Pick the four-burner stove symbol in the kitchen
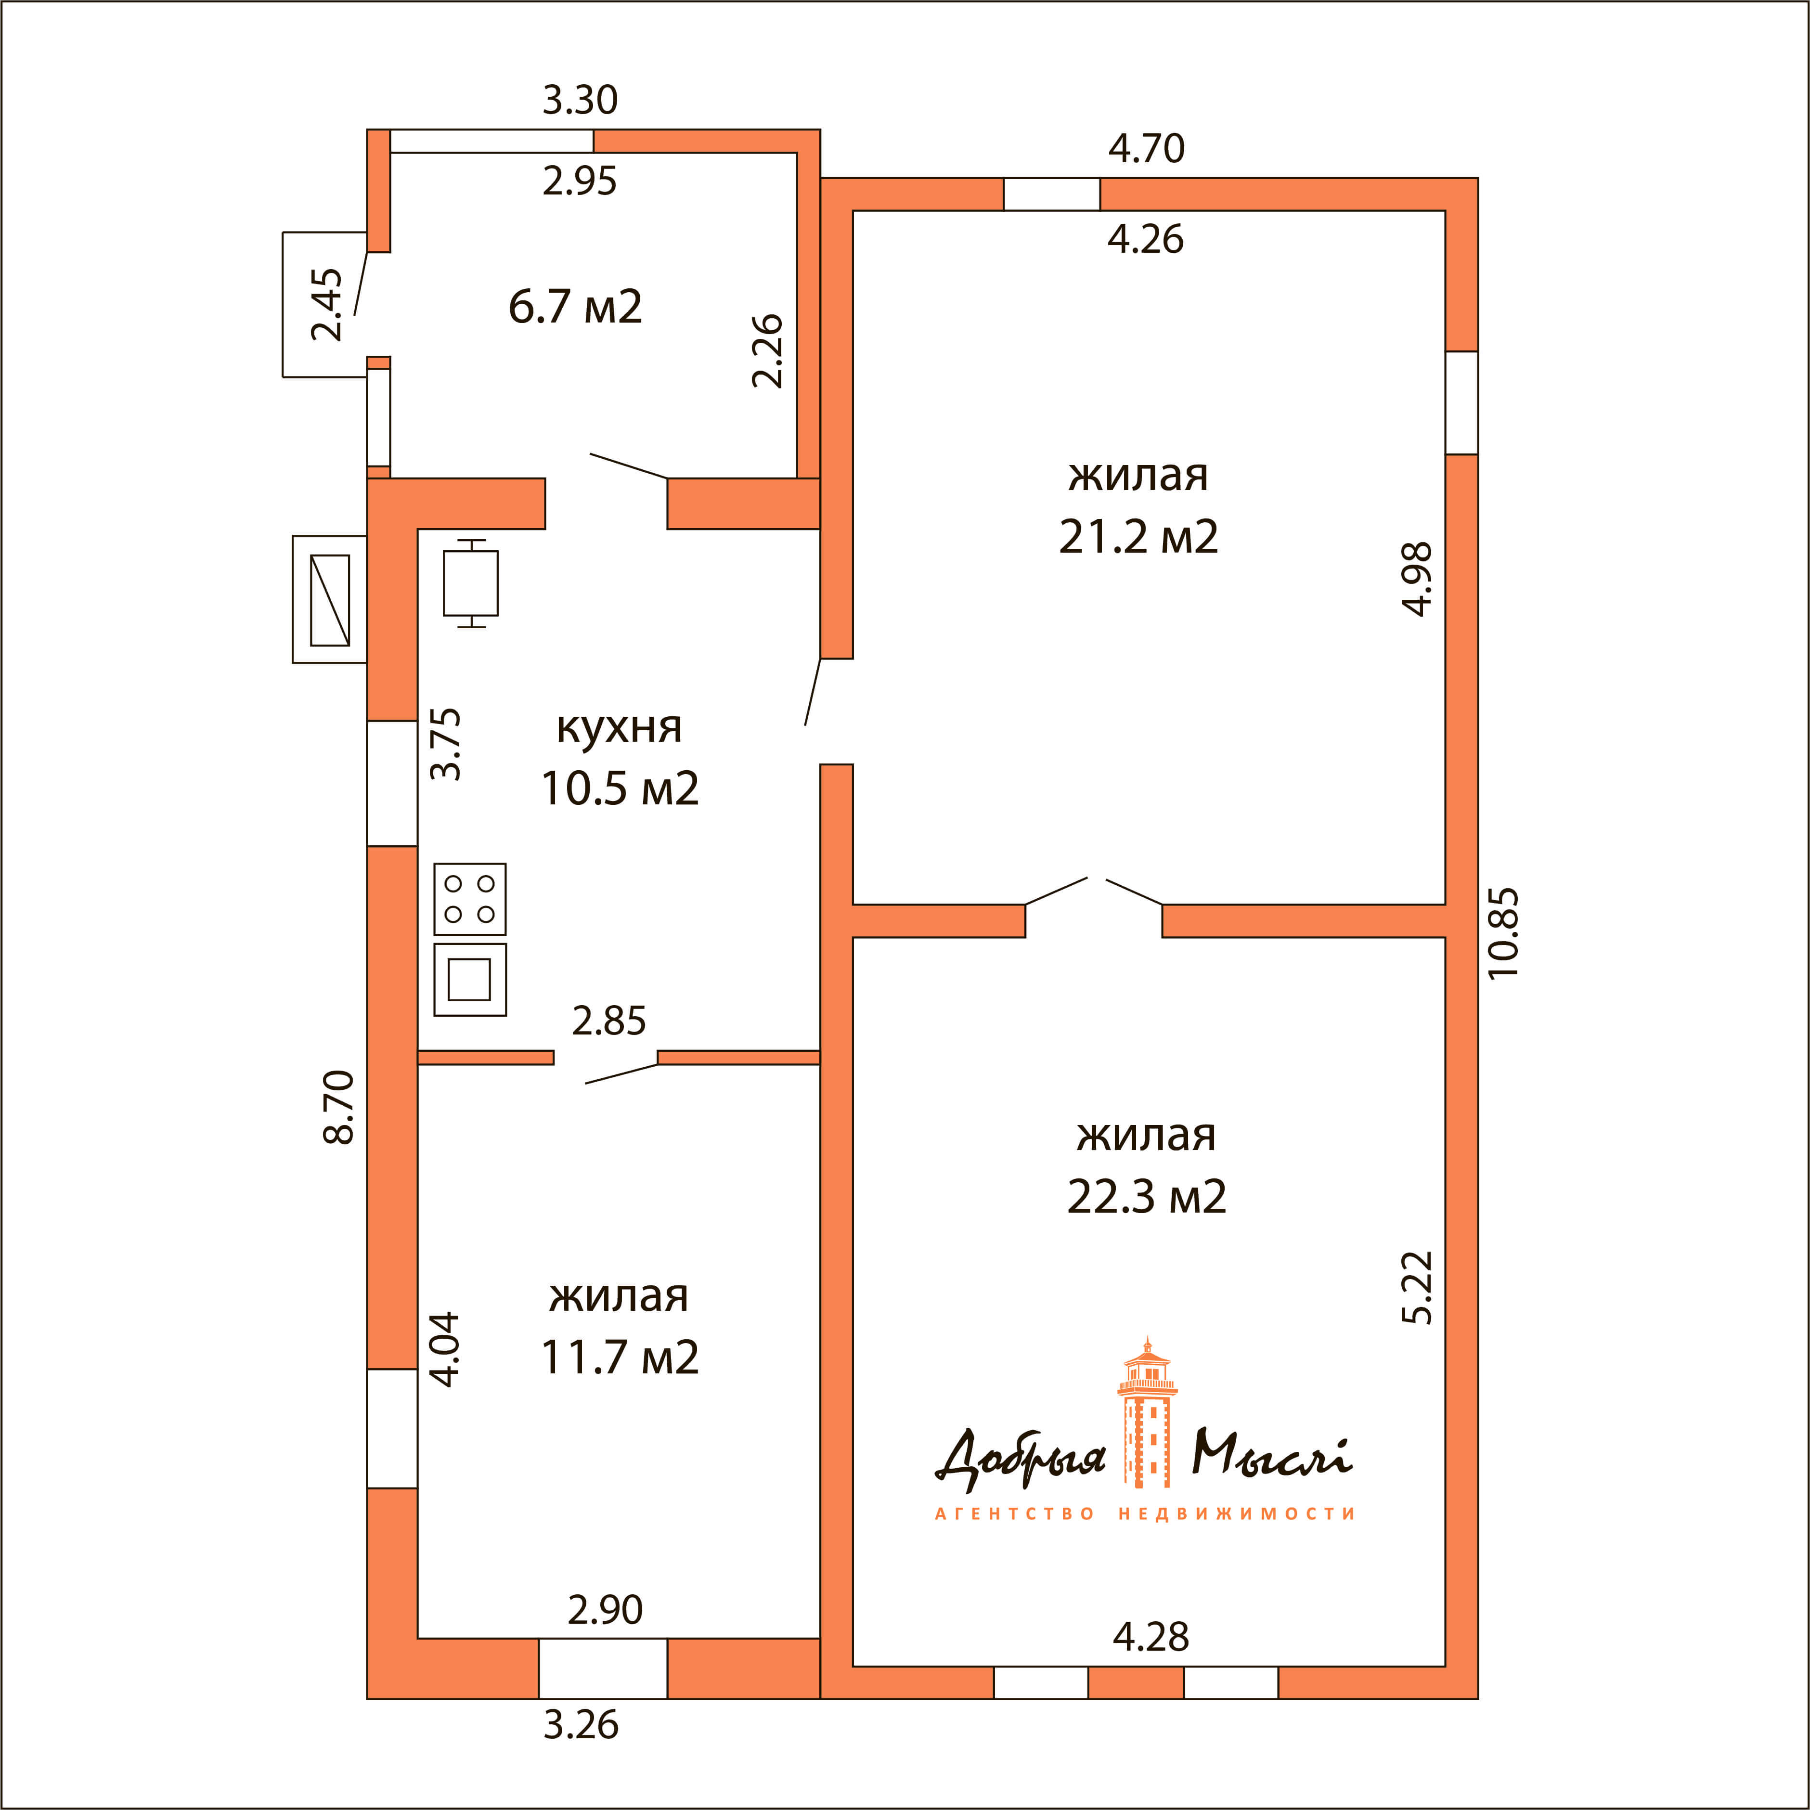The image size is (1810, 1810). coord(469,898)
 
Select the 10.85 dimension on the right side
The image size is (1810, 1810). coord(1503,933)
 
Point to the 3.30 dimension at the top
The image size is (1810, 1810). coord(580,99)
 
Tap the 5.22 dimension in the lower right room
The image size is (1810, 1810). coord(1418,1287)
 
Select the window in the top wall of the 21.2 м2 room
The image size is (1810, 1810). coord(1051,194)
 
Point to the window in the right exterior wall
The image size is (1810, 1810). coord(1461,403)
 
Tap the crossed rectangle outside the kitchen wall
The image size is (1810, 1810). coord(330,600)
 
